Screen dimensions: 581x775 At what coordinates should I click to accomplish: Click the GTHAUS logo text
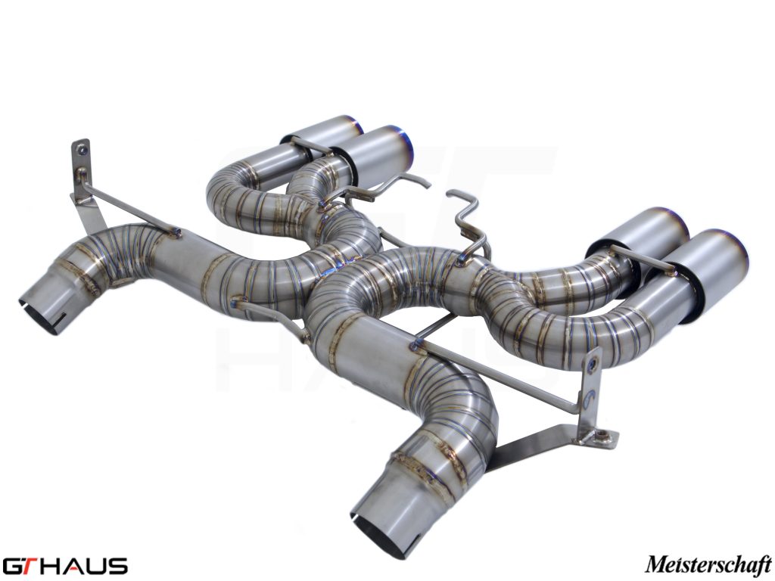point(64,566)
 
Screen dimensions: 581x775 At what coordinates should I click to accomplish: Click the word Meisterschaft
point(708,564)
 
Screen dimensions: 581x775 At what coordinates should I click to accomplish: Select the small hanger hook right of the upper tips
point(412,182)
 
